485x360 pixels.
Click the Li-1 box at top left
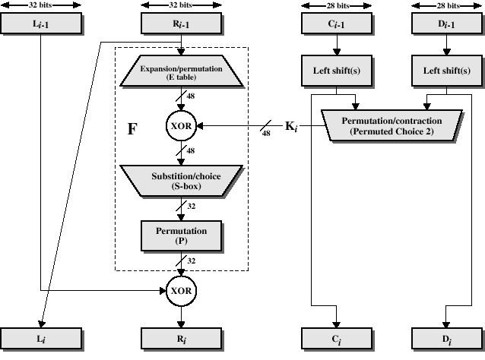tap(40, 25)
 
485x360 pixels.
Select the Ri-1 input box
tap(181, 25)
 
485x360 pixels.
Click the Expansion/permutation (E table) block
tap(181, 72)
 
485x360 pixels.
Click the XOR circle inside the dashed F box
tap(181, 126)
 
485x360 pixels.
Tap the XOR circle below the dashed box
tap(181, 289)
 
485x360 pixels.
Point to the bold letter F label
tap(132, 128)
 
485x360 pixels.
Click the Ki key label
tap(293, 126)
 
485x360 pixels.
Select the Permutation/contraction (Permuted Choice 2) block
tap(391, 126)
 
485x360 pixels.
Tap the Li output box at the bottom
tap(40, 338)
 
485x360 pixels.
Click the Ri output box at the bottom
tap(181, 338)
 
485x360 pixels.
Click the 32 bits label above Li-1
tap(40, 5)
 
